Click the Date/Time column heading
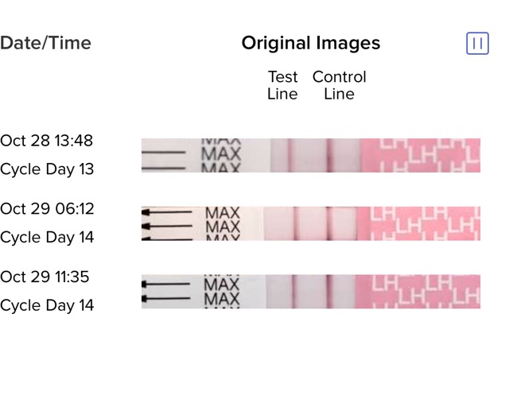point(45,44)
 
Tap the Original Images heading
point(311,44)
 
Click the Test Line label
point(282,85)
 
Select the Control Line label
point(340,85)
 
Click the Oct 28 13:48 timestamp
point(46,141)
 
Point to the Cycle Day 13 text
point(47,169)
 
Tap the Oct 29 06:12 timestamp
point(47,209)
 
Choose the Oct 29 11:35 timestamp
point(45,277)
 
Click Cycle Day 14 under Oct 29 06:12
point(47,238)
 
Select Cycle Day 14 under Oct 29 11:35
point(47,305)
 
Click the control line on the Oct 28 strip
point(328,155)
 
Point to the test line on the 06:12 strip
point(295,223)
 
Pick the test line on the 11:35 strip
point(294,292)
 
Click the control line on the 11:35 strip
point(328,292)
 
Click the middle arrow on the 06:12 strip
point(167,226)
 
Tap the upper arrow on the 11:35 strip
point(166,284)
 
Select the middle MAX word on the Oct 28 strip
point(221,153)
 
